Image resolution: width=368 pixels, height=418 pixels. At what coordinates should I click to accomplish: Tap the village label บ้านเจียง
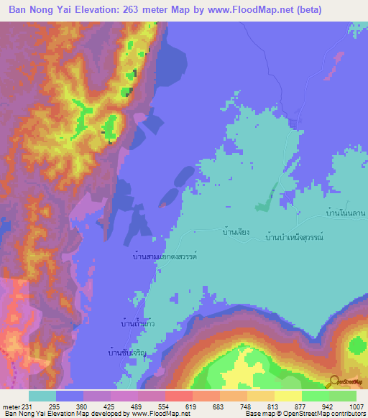[236, 232]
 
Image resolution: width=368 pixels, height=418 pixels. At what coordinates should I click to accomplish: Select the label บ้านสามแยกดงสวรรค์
[165, 256]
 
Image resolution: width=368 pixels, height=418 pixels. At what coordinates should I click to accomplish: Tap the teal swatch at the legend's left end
[42, 396]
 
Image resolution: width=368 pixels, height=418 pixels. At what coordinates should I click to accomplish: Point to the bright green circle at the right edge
[357, 345]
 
